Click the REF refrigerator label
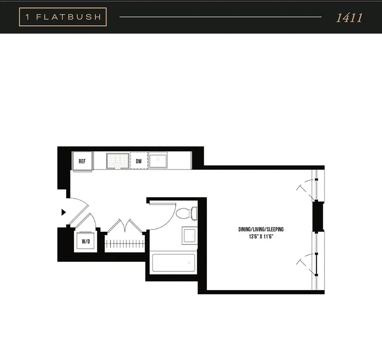click(82, 161)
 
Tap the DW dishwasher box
click(139, 161)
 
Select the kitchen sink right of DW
click(159, 160)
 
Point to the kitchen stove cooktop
click(117, 160)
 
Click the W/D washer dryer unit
click(85, 241)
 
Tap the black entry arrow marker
click(63, 211)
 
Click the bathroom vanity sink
click(189, 235)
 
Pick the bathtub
click(173, 263)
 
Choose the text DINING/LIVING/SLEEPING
click(261, 229)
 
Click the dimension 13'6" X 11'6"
click(261, 237)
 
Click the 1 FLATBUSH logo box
click(63, 18)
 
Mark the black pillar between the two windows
click(318, 216)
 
